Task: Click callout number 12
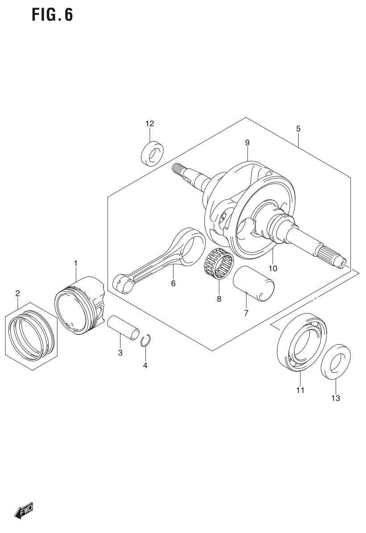pyautogui.click(x=149, y=123)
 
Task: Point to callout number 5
pyautogui.click(x=298, y=129)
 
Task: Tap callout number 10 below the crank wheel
pyautogui.click(x=273, y=268)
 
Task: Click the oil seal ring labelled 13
pyautogui.click(x=336, y=362)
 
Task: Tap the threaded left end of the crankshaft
pyautogui.click(x=179, y=169)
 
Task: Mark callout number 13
pyautogui.click(x=335, y=398)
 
